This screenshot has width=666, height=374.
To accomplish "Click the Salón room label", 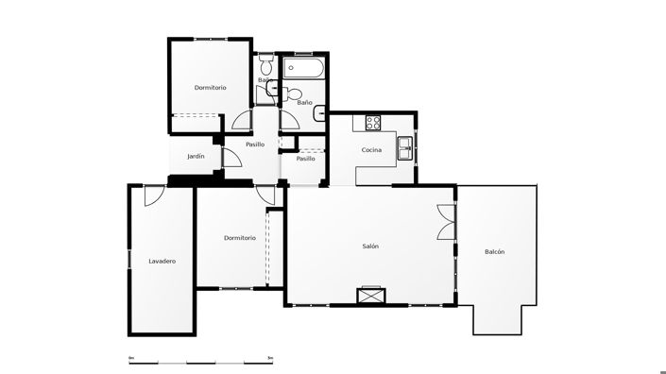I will coord(370,246).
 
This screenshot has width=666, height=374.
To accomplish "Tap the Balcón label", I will coord(494,251).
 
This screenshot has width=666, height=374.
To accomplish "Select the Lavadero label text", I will coord(162,261).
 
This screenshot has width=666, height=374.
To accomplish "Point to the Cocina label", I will coord(371,150).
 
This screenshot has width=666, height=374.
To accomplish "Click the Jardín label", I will coord(196,156).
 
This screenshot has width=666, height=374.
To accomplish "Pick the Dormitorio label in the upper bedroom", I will coord(210,88).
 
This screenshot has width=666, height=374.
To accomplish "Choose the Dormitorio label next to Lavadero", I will coord(240,238).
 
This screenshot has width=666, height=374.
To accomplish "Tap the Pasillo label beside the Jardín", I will coord(255,144).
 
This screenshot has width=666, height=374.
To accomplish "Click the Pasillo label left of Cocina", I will coord(305,159).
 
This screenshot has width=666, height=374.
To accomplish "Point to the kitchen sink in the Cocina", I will coord(404,144).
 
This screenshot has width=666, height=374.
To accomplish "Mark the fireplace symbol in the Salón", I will coord(369,296).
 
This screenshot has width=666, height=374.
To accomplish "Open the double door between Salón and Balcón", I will coord(446,225).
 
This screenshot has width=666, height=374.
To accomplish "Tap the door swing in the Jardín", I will coord(232,159).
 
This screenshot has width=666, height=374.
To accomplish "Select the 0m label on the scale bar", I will coord(131,358).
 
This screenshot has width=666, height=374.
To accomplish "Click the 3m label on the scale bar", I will coord(270,358).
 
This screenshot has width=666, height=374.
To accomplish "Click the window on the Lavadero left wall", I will coord(128,260).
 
